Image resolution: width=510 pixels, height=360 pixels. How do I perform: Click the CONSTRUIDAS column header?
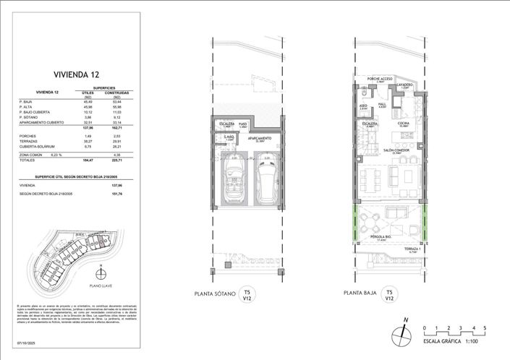coord(116,93)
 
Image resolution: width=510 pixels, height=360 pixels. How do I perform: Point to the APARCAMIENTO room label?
coord(260,137)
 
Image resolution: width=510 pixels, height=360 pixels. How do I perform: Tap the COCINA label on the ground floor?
coord(403,124)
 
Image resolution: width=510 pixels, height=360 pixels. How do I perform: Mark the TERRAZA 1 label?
coord(413,249)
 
